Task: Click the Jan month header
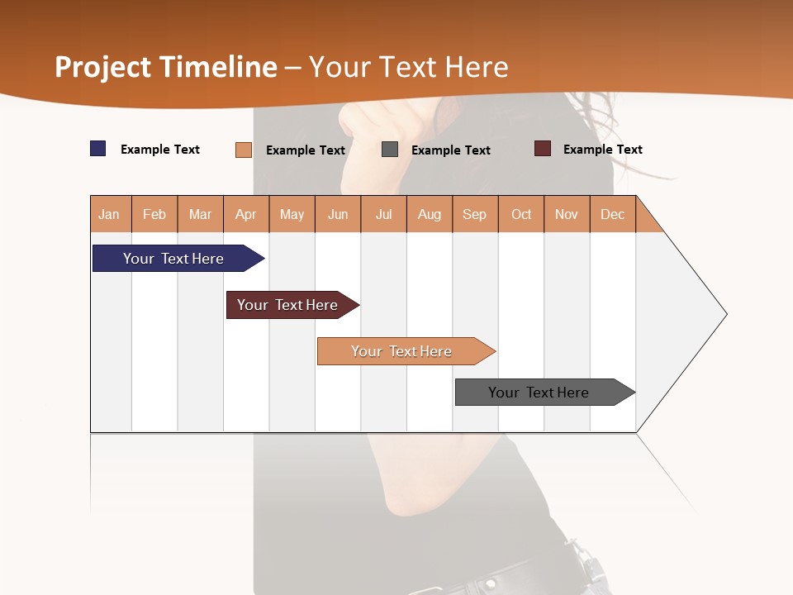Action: (110, 214)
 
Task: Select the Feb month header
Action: (154, 214)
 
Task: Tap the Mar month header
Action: (200, 214)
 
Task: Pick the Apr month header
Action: (246, 214)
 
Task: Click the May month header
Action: (292, 214)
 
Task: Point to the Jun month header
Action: (338, 214)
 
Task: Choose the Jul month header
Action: (383, 214)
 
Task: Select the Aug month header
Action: (430, 214)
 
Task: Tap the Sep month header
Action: (475, 214)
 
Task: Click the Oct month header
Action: (521, 214)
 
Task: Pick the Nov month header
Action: (567, 214)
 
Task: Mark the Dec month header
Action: (613, 214)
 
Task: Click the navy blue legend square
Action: (98, 149)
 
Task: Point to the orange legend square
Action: (244, 150)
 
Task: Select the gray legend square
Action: (390, 150)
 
